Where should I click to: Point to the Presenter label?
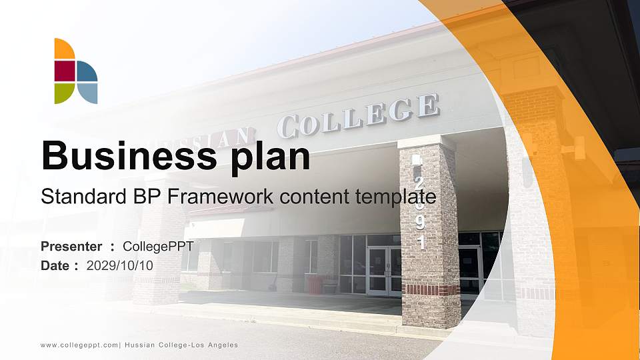pyautogui.click(x=71, y=247)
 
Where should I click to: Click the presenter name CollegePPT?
pyautogui.click(x=158, y=247)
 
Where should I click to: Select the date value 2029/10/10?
pyautogui.click(x=120, y=265)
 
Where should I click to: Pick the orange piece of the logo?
pyautogui.click(x=63, y=49)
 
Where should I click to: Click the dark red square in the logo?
pyautogui.click(x=64, y=71)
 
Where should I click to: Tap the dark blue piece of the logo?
pyautogui.click(x=87, y=71)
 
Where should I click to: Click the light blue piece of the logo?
pyautogui.click(x=87, y=93)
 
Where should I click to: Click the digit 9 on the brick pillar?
pyautogui.click(x=421, y=225)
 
